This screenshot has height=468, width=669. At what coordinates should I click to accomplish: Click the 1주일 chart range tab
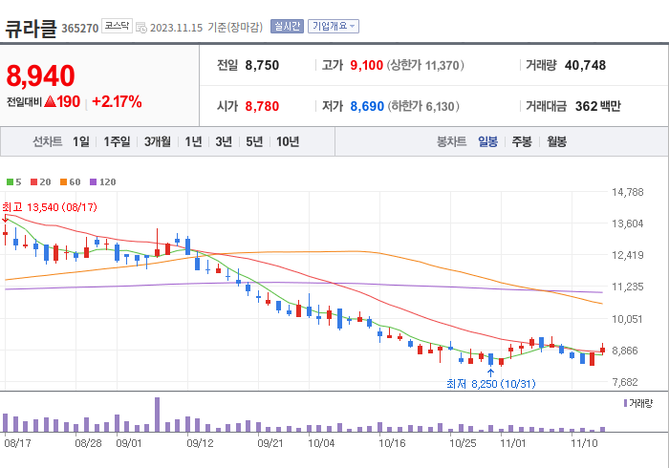(117, 141)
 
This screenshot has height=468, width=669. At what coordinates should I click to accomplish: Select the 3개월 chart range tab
(158, 141)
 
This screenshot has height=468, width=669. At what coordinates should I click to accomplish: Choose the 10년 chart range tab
(287, 141)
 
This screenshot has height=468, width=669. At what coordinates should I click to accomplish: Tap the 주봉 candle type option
(521, 141)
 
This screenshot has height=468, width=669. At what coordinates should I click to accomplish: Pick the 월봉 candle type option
(556, 141)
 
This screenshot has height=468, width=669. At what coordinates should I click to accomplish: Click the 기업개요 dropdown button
(334, 26)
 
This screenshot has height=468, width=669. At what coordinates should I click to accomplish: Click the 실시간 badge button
(287, 26)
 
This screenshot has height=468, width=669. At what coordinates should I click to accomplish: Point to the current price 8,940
(40, 74)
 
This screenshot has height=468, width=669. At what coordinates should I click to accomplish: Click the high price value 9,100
(366, 66)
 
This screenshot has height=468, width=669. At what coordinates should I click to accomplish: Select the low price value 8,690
(366, 106)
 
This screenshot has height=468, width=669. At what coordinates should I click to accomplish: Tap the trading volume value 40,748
(585, 66)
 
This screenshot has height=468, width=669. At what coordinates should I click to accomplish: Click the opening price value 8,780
(262, 106)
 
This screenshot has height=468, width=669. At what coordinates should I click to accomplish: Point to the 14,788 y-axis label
(627, 192)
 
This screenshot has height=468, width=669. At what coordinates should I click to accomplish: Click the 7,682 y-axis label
(627, 382)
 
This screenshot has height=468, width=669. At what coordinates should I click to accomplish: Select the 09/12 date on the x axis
(200, 443)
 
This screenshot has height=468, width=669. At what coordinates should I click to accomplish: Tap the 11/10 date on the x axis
(584, 443)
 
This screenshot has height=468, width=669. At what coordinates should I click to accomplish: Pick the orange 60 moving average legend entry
(71, 181)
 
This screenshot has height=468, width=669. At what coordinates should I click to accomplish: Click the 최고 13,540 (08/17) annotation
(49, 207)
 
